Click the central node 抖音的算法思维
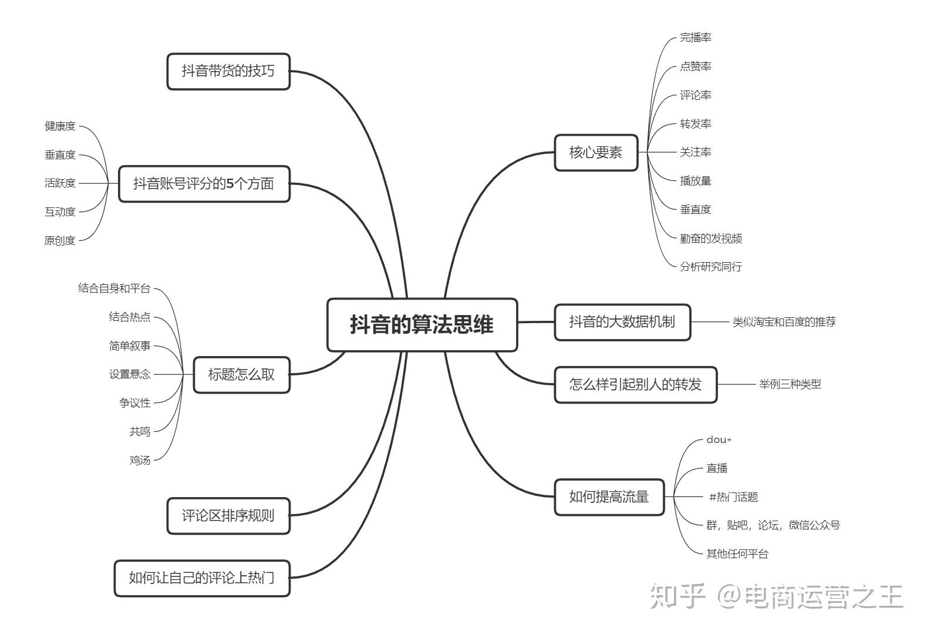point(422,325)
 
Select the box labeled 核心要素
point(596,152)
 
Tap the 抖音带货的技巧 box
point(228,71)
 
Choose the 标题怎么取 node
point(242,375)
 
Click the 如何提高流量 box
point(609,497)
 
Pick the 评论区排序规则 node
point(228,516)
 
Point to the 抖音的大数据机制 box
point(622,322)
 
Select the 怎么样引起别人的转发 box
point(636,385)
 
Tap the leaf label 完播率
point(696,38)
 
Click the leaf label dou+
point(719,440)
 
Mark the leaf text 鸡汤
point(140,461)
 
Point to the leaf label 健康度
point(60,126)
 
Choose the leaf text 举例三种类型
point(790,385)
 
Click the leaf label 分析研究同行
point(711,267)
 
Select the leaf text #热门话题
point(734,497)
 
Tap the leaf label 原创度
point(60,240)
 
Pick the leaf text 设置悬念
point(130,375)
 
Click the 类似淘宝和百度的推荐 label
point(784,322)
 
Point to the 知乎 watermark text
point(677,597)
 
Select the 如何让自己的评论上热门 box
point(202,579)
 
